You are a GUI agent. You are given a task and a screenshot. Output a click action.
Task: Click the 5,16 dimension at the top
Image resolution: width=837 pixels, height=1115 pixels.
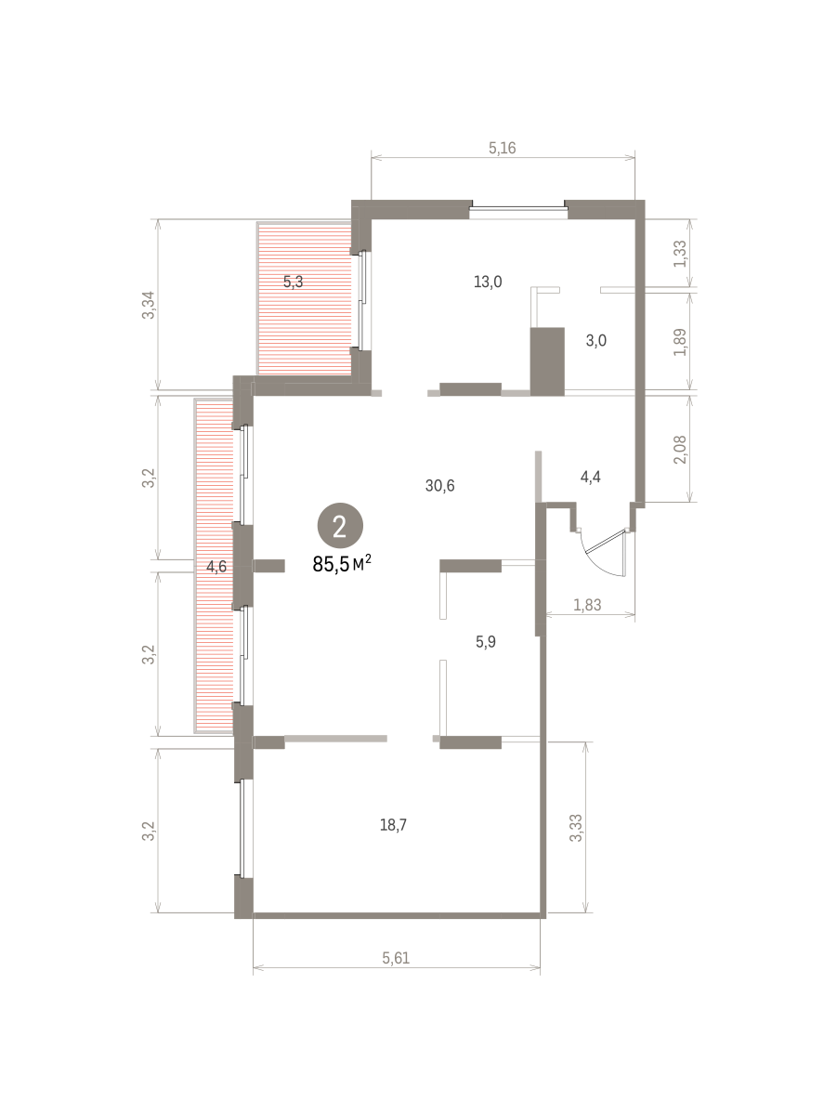click(502, 148)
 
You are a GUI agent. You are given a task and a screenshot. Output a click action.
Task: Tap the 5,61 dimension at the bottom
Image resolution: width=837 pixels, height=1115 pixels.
click(396, 958)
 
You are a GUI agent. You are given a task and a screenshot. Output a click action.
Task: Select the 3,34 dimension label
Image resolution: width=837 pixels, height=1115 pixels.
click(148, 305)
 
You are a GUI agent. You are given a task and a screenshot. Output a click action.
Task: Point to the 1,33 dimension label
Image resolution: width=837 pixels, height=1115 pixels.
click(680, 254)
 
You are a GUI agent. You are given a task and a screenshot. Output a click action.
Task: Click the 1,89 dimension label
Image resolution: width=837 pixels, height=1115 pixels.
click(680, 342)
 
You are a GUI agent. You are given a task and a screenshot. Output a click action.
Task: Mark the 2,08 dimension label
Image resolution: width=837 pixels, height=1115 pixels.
click(680, 450)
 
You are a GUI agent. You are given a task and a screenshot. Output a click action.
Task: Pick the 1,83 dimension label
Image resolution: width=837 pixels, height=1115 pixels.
click(587, 605)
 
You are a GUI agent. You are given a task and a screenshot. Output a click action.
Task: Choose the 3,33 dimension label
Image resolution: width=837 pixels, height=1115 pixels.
click(575, 828)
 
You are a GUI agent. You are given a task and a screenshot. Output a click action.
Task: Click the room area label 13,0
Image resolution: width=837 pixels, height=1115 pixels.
click(488, 282)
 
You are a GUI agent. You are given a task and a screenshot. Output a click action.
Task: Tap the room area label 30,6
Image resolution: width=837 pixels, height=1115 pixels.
click(439, 486)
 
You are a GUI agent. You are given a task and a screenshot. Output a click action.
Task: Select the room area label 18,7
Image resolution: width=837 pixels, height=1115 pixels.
click(393, 825)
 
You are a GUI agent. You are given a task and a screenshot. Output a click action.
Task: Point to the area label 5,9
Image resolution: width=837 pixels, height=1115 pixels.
click(486, 642)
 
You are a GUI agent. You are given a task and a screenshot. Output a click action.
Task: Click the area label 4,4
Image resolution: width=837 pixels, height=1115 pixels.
click(590, 477)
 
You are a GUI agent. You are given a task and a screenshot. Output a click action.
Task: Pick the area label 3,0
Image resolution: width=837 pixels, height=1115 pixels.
click(595, 340)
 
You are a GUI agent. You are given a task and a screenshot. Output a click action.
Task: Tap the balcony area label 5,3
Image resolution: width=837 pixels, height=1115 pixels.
click(293, 282)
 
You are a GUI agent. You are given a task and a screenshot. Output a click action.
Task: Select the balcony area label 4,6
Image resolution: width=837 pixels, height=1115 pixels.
click(216, 567)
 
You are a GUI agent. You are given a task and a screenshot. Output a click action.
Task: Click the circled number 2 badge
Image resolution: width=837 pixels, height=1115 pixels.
click(340, 526)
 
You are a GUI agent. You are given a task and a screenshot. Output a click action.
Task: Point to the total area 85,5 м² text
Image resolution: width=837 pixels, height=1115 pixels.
click(342, 564)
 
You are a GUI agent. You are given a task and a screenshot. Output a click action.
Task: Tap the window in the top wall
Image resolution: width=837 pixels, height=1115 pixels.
click(518, 209)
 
